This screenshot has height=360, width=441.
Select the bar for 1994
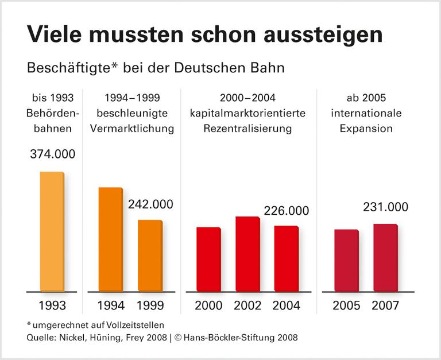click(x=111, y=239)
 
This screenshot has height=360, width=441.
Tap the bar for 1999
click(x=150, y=256)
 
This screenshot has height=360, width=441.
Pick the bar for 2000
click(x=208, y=259)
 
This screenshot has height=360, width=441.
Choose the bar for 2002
click(x=247, y=254)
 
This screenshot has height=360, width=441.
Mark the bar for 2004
click(x=286, y=258)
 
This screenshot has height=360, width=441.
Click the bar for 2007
click(x=385, y=257)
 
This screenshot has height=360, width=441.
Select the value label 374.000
click(x=52, y=154)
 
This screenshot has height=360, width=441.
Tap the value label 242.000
click(x=150, y=204)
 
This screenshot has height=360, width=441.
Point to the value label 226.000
click(x=287, y=211)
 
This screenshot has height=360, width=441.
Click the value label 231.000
click(x=386, y=207)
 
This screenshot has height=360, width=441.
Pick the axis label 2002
click(x=247, y=305)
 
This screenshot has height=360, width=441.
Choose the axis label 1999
click(x=150, y=305)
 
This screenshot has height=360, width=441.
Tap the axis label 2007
click(x=385, y=305)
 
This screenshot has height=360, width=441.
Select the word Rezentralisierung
click(x=247, y=129)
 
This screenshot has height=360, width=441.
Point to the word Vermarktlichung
click(x=132, y=129)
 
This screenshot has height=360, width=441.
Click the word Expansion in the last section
click(x=366, y=129)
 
